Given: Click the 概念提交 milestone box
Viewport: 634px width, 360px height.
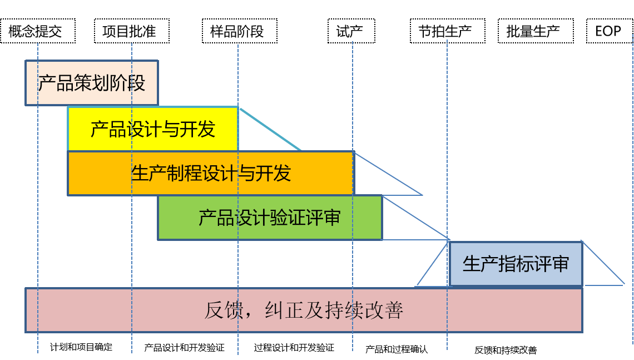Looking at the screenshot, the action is tap(38, 31).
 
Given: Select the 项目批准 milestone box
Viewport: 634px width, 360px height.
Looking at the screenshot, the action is tap(132, 31).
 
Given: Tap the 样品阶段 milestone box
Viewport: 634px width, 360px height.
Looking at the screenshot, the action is tap(240, 31).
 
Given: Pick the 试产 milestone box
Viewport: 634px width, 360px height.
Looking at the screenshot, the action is tap(351, 31).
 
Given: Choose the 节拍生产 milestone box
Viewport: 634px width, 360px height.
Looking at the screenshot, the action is tap(448, 31).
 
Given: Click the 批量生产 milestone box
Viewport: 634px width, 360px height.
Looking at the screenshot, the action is tap(536, 31).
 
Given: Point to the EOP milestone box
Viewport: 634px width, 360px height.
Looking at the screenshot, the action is tap(610, 31).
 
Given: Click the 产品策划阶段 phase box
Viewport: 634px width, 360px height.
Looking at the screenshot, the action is tap(92, 83).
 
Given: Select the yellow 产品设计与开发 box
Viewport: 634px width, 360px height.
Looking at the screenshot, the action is tap(153, 129).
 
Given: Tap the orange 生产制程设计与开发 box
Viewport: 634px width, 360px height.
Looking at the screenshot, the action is tap(211, 173).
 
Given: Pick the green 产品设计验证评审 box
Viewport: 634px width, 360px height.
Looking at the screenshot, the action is tap(270, 218).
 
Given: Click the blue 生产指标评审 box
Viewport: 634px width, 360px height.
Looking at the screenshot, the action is tap(516, 264).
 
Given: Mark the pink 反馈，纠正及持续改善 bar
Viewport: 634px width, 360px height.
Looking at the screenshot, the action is tap(304, 310).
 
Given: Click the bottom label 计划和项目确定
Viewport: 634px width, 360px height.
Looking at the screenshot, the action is tap(81, 347).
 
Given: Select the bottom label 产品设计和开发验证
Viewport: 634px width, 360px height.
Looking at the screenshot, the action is tap(185, 347).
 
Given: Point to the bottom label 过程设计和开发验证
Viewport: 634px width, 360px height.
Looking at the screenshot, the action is tap(294, 347).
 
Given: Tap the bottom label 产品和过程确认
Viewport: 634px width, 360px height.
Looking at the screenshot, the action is tap(397, 349).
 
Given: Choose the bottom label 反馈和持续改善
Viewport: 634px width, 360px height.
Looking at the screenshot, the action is tap(506, 350).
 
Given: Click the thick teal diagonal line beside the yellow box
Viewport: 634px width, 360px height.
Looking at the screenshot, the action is tap(270, 129).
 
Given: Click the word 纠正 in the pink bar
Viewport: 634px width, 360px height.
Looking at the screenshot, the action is tap(284, 310).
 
